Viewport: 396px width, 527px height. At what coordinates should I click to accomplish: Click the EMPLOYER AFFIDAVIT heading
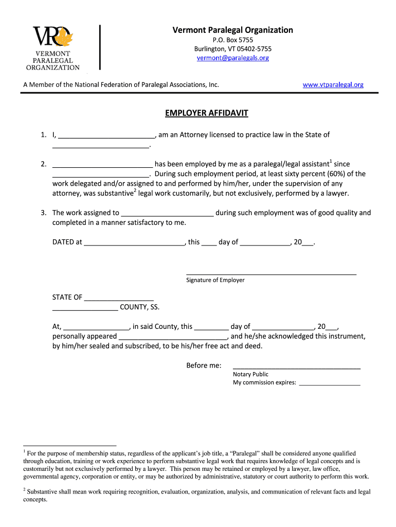pos(206,113)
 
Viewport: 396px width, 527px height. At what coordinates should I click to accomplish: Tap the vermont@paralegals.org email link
pos(232,58)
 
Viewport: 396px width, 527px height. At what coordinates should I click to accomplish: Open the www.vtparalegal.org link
pos(333,84)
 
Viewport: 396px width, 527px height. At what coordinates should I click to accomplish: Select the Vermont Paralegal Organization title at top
pos(232,30)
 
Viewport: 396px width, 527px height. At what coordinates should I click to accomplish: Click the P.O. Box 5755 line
pos(232,40)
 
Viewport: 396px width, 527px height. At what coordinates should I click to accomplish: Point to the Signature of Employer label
pos(215,280)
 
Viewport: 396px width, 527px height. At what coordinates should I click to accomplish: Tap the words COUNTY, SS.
pos(139,307)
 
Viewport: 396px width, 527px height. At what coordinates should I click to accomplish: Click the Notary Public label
pos(250,374)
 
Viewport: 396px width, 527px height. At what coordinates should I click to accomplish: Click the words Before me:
pos(204,365)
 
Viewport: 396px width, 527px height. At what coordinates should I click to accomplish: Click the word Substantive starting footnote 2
pos(43,491)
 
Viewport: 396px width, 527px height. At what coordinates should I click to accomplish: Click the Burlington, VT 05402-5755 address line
pos(232,49)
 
